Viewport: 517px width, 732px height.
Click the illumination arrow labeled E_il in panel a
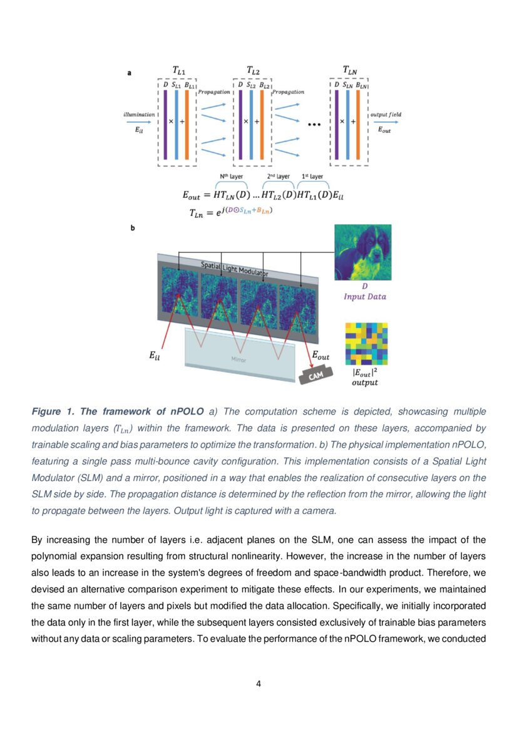tap(138, 123)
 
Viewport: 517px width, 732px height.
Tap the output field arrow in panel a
tap(386, 123)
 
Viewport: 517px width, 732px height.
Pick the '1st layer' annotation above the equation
tap(312, 177)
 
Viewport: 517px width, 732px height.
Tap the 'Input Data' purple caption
tap(365, 296)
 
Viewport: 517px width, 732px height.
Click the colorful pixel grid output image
tap(366, 343)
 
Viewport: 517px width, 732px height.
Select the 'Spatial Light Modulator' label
tap(235, 269)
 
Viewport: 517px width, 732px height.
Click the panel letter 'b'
tap(132, 228)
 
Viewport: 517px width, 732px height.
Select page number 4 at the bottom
tap(258, 683)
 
